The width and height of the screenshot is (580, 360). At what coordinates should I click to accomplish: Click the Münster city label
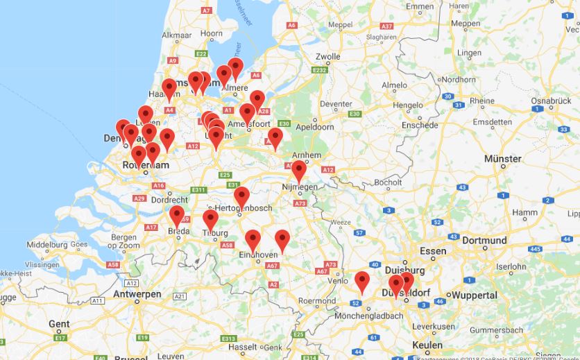click(x=503, y=159)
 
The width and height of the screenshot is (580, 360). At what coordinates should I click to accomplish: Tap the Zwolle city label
click(x=327, y=56)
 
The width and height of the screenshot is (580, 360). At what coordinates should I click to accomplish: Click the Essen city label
click(x=433, y=251)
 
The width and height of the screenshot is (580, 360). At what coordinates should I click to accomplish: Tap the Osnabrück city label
click(x=551, y=101)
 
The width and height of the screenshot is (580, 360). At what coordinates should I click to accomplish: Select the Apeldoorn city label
click(x=314, y=128)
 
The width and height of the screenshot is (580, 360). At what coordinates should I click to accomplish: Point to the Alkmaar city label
click(x=176, y=35)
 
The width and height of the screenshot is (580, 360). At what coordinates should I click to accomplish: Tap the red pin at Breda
click(x=177, y=214)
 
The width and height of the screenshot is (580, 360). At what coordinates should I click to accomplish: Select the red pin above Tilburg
click(x=210, y=220)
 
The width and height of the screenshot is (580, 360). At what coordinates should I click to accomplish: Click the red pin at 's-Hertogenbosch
click(x=241, y=196)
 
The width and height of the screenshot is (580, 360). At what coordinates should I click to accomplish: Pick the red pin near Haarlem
click(x=169, y=88)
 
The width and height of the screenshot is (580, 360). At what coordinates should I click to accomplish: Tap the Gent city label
click(x=59, y=324)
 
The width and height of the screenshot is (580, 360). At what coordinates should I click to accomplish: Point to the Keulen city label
click(x=427, y=345)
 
